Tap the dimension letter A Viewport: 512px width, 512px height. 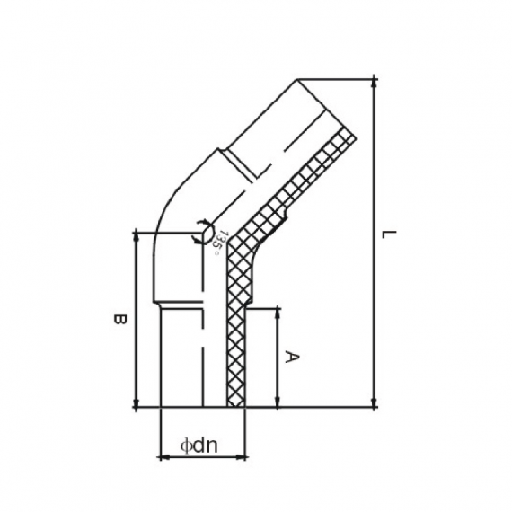[290, 357]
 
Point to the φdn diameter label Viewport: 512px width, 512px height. [201, 444]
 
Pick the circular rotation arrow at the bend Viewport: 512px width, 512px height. [205, 234]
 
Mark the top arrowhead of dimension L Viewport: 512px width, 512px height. [373, 84]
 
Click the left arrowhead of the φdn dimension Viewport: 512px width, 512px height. [163, 456]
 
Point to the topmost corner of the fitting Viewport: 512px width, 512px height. [296, 79]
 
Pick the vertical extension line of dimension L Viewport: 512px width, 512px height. [373, 243]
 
